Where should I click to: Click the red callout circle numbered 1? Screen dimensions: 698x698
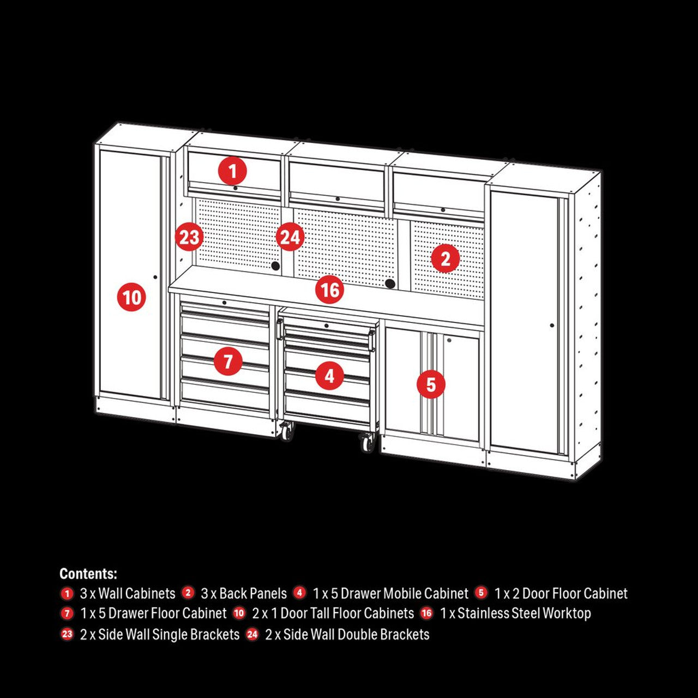point(232,171)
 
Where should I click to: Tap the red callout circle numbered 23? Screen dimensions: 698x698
point(189,238)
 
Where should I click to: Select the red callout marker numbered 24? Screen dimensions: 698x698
point(290,237)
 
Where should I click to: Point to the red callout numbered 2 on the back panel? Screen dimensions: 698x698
point(445,258)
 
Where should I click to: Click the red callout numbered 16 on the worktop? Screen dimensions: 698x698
point(330,290)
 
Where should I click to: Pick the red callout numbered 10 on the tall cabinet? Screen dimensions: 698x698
point(131,298)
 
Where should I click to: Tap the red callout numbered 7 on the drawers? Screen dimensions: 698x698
point(228,361)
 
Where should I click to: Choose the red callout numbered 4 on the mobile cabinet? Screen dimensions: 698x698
point(329,376)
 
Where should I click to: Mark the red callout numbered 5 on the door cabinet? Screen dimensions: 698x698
point(431,384)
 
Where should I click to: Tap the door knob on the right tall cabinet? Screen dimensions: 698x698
point(552,326)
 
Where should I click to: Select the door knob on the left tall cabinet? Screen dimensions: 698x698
point(155,278)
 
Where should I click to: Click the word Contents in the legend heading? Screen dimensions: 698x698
point(88,574)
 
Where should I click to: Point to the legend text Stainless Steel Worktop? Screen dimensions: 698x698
point(523,613)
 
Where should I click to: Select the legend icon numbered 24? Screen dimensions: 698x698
point(252,634)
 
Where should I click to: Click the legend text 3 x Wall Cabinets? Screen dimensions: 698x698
point(128,593)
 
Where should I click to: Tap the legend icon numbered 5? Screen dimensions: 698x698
point(481,593)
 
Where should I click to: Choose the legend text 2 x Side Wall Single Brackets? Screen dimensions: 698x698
point(160,635)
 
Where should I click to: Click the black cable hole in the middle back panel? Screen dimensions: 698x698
point(390,284)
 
